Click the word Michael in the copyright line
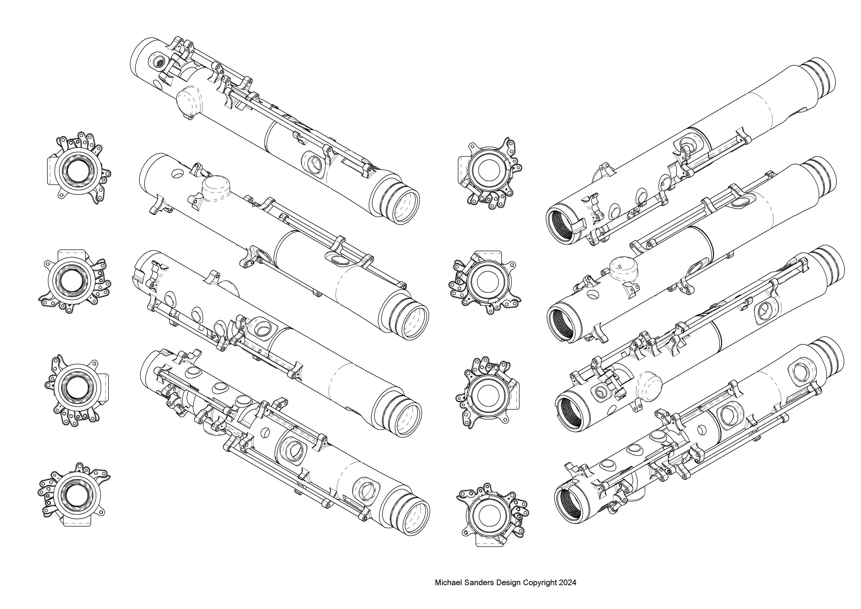[x=446, y=583]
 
